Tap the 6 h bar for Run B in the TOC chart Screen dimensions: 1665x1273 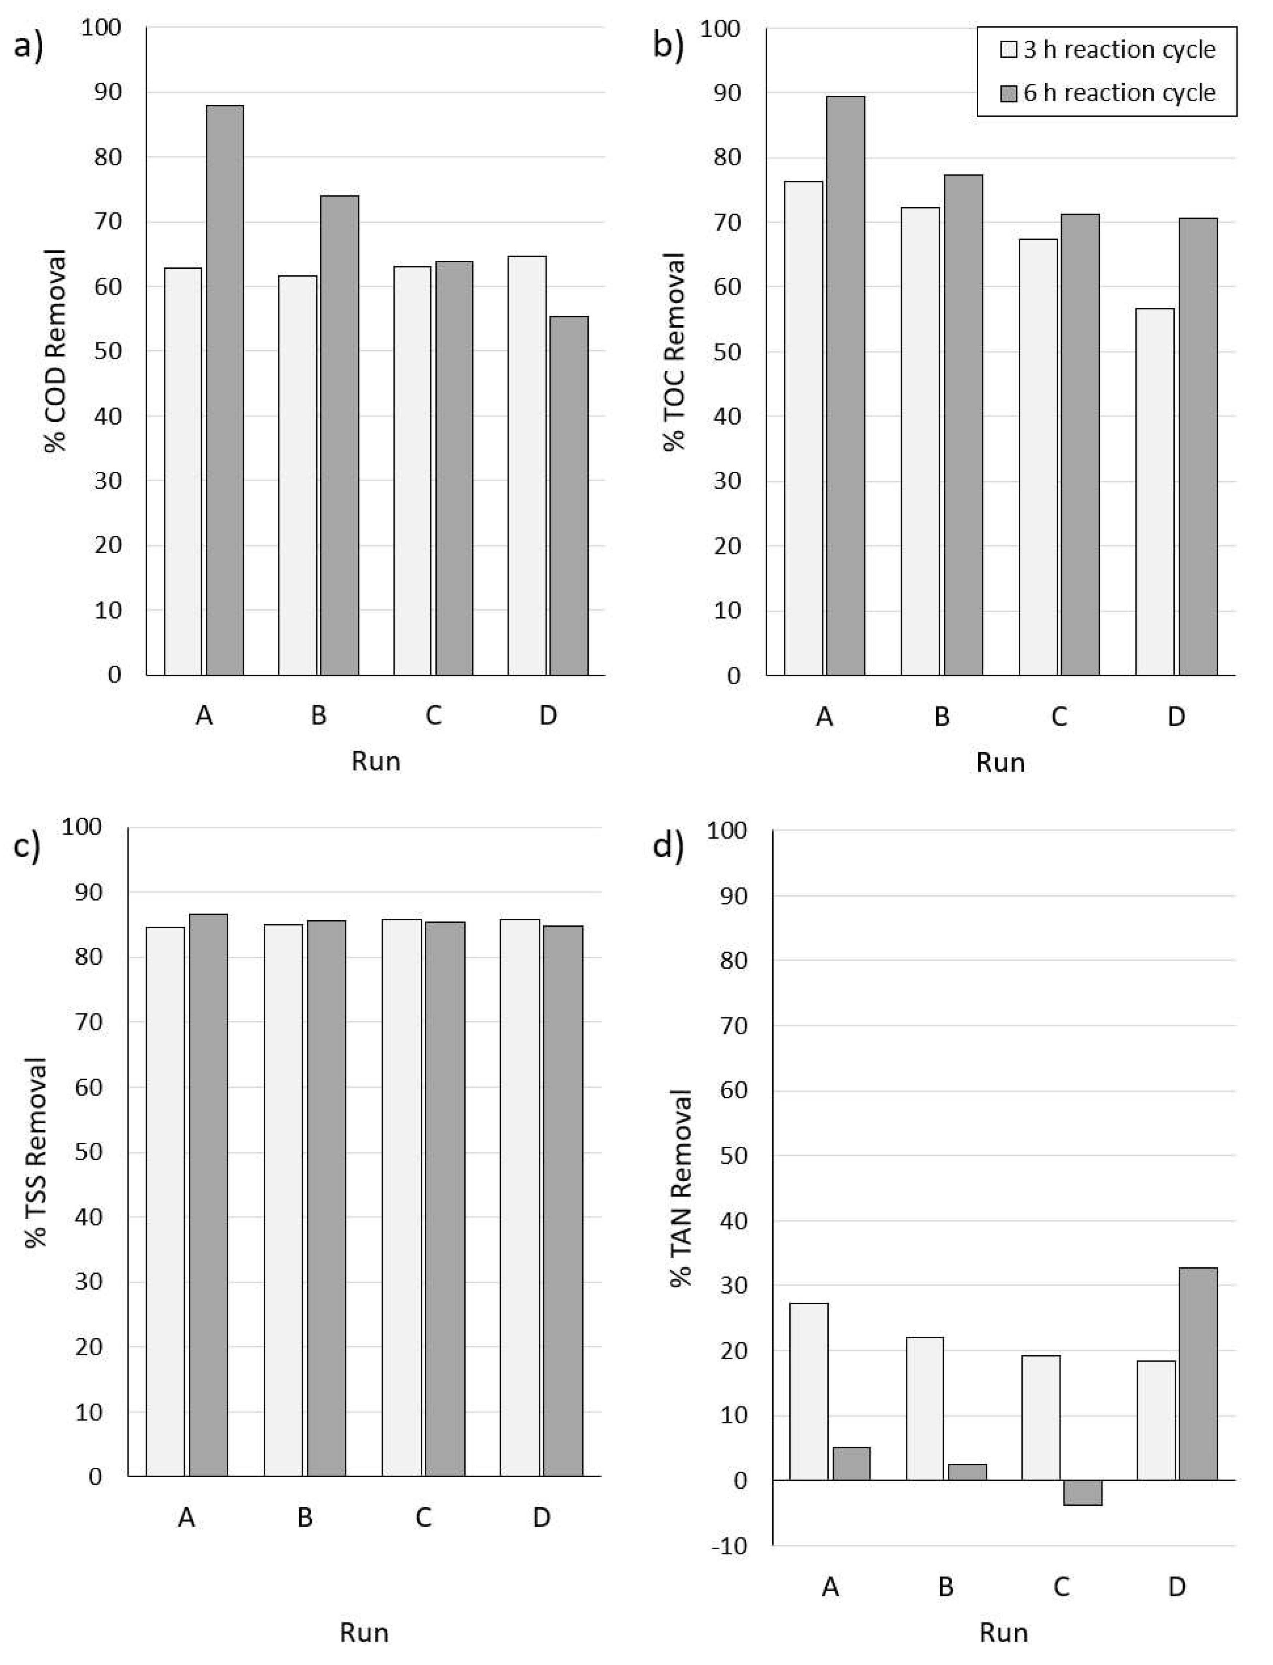click(x=963, y=424)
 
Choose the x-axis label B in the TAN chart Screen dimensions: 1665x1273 click(x=946, y=1586)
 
